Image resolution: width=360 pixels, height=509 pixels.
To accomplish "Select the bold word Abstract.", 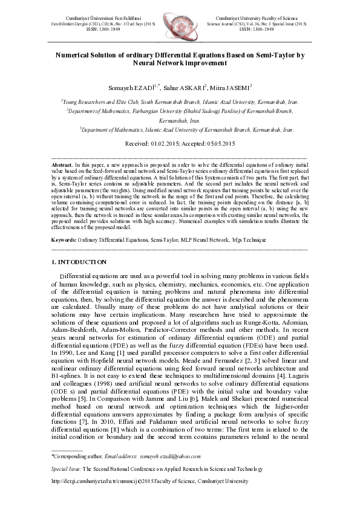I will [62, 164].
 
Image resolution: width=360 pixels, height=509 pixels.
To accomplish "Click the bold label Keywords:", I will [64, 241].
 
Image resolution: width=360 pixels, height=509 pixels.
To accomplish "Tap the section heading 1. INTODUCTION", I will [79, 262].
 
